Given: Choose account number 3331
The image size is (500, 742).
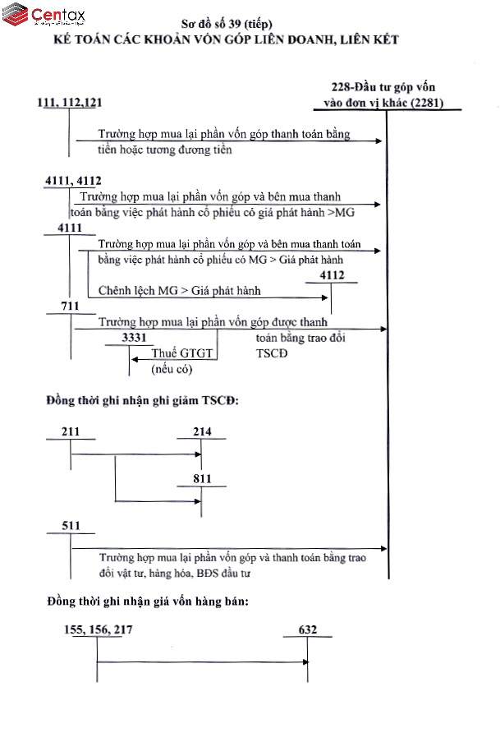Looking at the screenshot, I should [x=134, y=338].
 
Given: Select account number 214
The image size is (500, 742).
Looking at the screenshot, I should [x=202, y=432].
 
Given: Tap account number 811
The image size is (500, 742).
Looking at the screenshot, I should [x=202, y=478].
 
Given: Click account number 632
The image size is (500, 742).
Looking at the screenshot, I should [x=308, y=630].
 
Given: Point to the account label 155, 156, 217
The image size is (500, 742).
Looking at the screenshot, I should [x=98, y=630].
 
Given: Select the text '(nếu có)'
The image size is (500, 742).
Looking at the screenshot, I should [x=171, y=369].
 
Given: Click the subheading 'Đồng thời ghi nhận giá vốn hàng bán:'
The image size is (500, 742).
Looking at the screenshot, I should [x=148, y=601].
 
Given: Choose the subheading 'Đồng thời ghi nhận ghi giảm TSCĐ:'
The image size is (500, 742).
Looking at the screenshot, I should [x=143, y=401].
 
